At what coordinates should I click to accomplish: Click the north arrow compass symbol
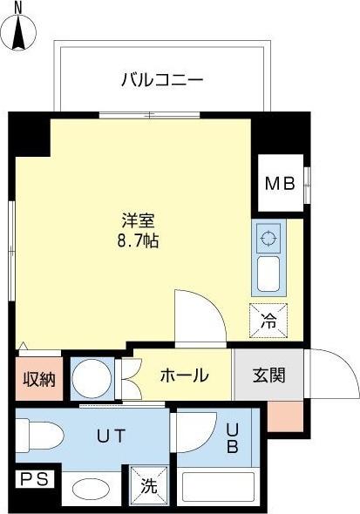[x=21, y=28]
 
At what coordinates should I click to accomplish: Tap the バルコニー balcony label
[x=161, y=81]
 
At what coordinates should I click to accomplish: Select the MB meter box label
[x=281, y=184]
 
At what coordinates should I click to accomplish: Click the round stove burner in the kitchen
[x=268, y=235]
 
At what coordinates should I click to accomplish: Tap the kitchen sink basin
[x=268, y=274]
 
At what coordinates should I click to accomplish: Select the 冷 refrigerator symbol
[x=268, y=320]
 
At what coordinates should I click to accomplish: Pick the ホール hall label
[x=184, y=376]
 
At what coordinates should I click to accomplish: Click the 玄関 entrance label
[x=268, y=376]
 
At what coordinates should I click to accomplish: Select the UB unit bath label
[x=233, y=438]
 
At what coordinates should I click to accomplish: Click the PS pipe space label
[x=34, y=478]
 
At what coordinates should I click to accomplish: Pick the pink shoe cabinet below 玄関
[x=286, y=417]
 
